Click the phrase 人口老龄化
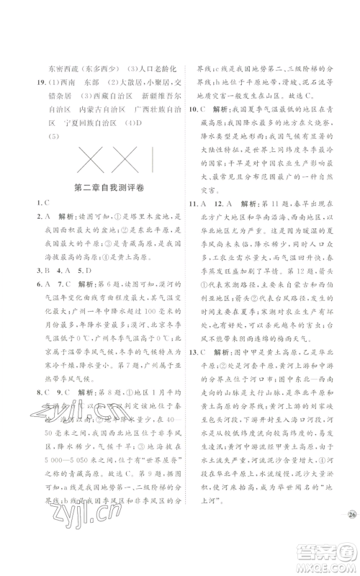pyautogui.click(x=155, y=68)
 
